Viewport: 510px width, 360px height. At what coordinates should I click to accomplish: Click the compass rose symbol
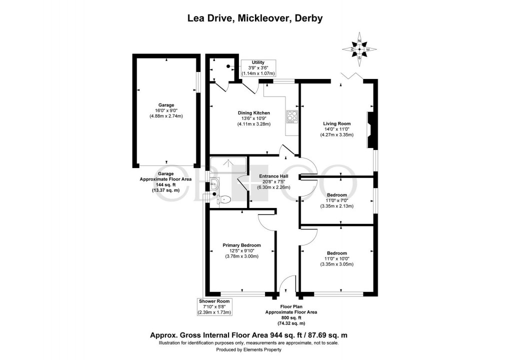[359, 49]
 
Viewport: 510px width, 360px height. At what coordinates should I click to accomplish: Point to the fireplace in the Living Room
[371, 129]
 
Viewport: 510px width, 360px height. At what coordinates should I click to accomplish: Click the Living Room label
[337, 123]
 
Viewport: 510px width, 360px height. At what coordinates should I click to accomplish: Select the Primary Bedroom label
[241, 245]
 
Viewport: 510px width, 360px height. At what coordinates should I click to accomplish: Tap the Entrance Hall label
[273, 176]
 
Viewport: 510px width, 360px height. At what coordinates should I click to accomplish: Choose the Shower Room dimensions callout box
[215, 306]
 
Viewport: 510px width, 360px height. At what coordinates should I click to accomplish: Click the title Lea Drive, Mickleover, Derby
[255, 18]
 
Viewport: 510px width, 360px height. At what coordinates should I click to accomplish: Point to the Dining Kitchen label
[253, 113]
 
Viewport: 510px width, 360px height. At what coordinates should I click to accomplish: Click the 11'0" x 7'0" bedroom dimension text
[336, 200]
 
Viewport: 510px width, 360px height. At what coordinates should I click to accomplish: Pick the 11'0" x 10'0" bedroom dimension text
[336, 258]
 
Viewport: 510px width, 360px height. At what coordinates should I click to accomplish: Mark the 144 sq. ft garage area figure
[165, 185]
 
